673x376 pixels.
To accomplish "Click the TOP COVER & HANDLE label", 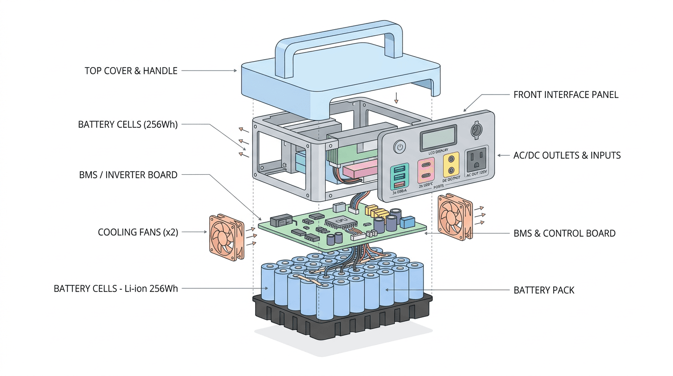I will (x=131, y=71).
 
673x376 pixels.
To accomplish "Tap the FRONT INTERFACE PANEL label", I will (x=566, y=95).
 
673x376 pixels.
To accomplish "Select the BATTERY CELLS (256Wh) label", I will (x=128, y=124).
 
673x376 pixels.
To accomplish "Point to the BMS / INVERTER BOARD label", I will (x=128, y=175).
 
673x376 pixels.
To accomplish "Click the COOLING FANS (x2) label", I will (x=138, y=232).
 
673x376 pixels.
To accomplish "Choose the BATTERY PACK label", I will (x=544, y=290).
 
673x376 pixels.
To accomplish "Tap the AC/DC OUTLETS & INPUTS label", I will (x=567, y=156).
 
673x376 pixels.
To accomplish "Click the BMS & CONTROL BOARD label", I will (x=564, y=234).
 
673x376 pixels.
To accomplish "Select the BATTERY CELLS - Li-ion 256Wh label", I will (x=116, y=289).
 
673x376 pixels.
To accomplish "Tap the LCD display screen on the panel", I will (x=439, y=138).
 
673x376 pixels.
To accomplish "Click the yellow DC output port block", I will (x=451, y=165).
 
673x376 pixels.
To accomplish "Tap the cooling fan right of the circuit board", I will (x=455, y=216).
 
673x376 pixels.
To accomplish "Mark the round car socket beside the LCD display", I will (x=476, y=130).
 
